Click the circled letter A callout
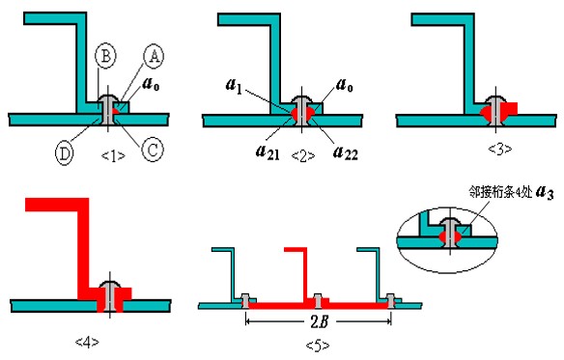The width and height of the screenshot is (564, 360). tap(154, 57)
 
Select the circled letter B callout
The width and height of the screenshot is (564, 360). tap(106, 56)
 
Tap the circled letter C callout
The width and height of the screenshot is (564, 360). tap(153, 150)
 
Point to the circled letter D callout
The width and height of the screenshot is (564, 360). tap(65, 153)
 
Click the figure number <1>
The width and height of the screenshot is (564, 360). tap(113, 155)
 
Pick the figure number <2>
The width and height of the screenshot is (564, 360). tap(303, 155)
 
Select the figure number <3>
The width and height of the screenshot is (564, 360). tap(500, 149)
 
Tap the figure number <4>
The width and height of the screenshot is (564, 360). tap(87, 342)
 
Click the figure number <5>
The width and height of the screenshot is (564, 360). tap(317, 346)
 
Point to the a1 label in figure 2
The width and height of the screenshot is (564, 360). tap(234, 86)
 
